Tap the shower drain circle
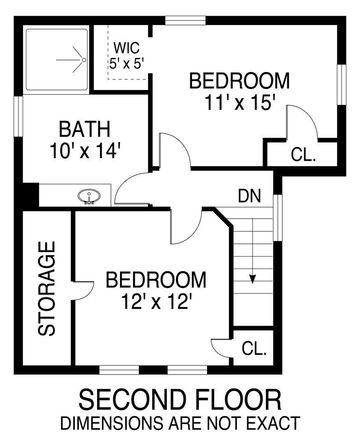84,60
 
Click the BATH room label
85,129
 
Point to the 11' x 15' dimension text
240,102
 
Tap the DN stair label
249,196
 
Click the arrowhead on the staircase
252,279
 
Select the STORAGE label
47,289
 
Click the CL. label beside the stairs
254,349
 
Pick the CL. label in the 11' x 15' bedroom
303,155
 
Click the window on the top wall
185,20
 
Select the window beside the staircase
278,218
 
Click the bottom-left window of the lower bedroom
120,370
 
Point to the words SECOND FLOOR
180,400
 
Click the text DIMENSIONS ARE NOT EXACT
180,423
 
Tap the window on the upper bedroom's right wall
342,86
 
